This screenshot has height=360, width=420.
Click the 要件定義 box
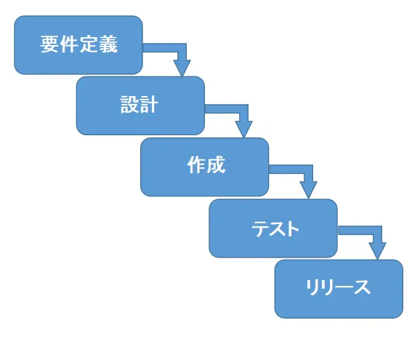(78, 45)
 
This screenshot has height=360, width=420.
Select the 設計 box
(140, 105)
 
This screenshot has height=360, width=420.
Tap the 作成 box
(205, 167)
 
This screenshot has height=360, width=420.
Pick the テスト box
(273, 228)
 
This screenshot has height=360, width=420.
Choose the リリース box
(339, 289)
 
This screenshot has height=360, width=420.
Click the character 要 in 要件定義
(50, 44)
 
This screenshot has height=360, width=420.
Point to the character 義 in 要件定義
(108, 44)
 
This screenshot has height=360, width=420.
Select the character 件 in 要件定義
(69, 44)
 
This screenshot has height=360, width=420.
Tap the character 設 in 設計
(129, 104)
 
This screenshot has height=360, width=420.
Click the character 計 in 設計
(149, 104)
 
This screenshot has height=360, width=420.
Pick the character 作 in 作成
(197, 165)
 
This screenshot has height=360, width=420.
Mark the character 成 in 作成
(216, 165)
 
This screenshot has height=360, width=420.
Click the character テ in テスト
(260, 228)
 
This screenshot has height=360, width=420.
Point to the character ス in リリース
(362, 287)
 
